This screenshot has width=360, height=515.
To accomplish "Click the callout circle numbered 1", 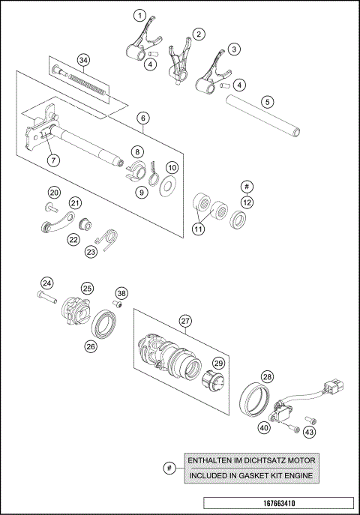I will pos(139,15).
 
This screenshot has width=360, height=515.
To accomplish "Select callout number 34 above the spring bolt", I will pos(83,60).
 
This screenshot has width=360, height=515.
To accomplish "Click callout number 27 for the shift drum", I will pos(184,320).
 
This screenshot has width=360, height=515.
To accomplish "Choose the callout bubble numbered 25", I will pos(87,288).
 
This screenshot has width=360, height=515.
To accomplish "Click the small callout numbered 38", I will pos(121,293).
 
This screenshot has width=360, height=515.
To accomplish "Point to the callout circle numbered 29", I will pos(219,362).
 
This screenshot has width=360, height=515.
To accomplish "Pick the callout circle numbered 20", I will pos(54,192).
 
